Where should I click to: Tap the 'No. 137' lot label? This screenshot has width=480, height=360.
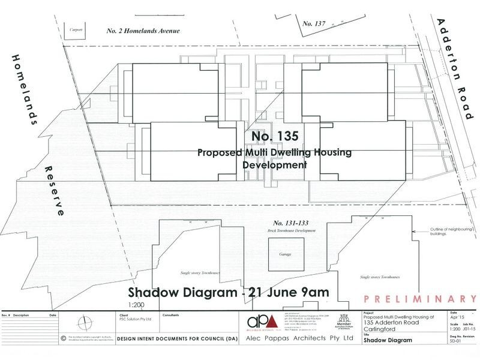click(x=314, y=23)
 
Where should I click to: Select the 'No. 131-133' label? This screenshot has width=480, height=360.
click(x=289, y=223)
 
